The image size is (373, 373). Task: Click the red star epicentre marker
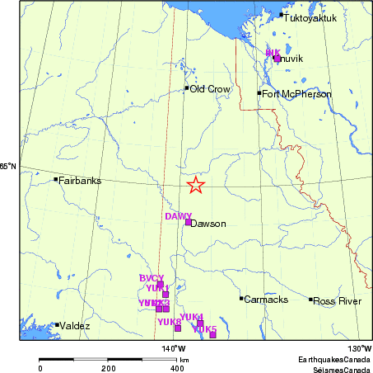click(195, 185)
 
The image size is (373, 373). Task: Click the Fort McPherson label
click(297, 94)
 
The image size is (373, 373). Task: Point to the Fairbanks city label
click(80, 180)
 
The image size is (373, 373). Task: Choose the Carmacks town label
click(266, 299)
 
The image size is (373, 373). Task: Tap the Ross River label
click(337, 301)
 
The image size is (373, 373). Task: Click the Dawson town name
click(208, 223)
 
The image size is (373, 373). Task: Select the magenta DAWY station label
click(178, 216)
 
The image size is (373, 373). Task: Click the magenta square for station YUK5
click(212, 334)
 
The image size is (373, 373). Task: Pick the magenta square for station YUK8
click(178, 328)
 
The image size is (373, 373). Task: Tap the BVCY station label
click(152, 278)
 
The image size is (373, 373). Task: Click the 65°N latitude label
click(8, 167)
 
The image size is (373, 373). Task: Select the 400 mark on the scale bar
click(176, 369)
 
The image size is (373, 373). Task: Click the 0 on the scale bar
click(40, 369)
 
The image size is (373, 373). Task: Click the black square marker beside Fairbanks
click(56, 179)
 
